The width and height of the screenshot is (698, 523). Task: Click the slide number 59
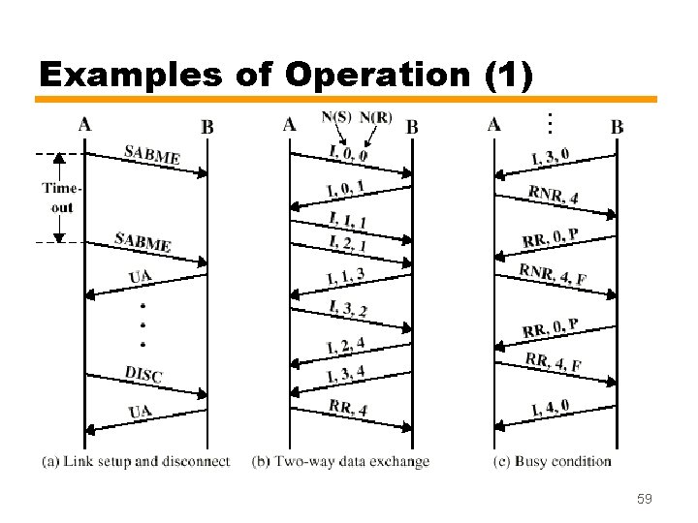pyautogui.click(x=644, y=499)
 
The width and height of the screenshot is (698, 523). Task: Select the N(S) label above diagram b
pyautogui.click(x=336, y=117)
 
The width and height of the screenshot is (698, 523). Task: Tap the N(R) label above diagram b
pyautogui.click(x=376, y=117)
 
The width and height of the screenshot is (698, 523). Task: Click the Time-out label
pyautogui.click(x=59, y=199)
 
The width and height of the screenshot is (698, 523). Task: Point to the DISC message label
pyautogui.click(x=143, y=374)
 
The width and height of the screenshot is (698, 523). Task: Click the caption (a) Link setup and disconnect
pyautogui.click(x=136, y=461)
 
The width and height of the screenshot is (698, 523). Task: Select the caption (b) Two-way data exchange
pyautogui.click(x=340, y=461)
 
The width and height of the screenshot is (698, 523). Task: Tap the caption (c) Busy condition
pyautogui.click(x=552, y=461)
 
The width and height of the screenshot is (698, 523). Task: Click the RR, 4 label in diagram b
pyautogui.click(x=347, y=408)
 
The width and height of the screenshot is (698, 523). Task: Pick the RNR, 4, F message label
pyautogui.click(x=553, y=274)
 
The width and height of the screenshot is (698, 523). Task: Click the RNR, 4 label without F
pyautogui.click(x=554, y=194)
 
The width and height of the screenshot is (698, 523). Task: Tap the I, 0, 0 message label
pyautogui.click(x=348, y=152)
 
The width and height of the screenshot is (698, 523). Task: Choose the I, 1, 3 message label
pyautogui.click(x=346, y=277)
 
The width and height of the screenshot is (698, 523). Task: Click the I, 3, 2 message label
pyautogui.click(x=347, y=309)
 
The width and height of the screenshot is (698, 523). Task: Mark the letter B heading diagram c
pyautogui.click(x=618, y=127)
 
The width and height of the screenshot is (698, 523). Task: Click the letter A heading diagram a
pyautogui.click(x=85, y=124)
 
